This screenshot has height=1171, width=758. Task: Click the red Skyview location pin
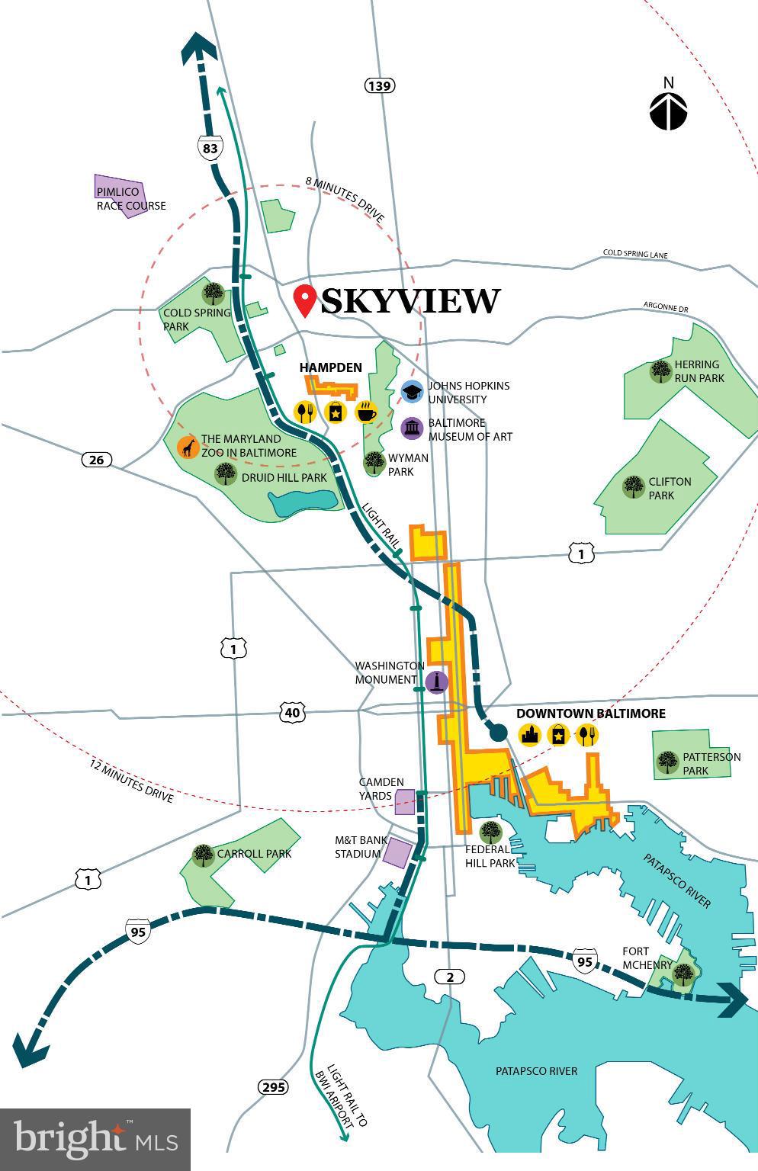307,301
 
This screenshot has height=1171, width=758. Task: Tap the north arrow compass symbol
668,110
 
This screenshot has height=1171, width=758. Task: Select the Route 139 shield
379,85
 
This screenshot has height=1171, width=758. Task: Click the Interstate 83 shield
210,147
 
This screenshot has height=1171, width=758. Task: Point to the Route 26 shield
96,460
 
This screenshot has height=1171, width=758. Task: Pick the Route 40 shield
294,713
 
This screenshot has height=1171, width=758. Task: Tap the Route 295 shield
272,1086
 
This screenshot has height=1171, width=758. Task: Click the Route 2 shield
450,977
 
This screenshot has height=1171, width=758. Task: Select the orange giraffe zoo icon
188,447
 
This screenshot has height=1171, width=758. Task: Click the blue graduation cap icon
412,392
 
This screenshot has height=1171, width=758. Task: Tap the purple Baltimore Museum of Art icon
412,428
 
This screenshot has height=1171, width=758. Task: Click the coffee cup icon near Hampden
366,412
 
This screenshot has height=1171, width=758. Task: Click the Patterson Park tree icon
668,762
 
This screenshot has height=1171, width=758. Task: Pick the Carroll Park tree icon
203,855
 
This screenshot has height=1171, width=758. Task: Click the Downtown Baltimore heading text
591,714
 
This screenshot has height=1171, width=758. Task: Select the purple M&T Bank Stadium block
397,852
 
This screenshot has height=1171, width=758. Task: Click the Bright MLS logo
95,1139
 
